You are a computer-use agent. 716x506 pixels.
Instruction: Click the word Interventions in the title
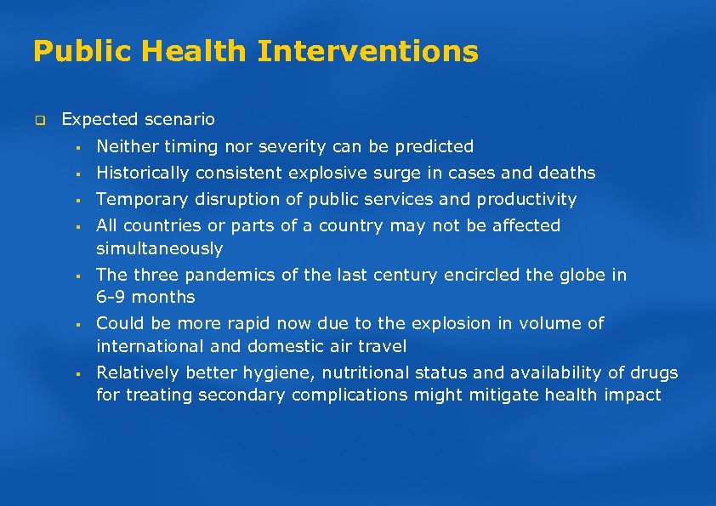(x=367, y=52)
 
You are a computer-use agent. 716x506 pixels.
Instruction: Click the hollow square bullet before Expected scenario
(x=39, y=120)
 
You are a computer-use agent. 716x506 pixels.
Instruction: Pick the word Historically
(x=143, y=173)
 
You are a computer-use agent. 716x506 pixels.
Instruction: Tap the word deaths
(x=566, y=173)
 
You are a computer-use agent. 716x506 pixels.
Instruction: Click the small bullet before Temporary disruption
(x=77, y=201)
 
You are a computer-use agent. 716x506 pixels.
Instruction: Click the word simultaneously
(x=159, y=248)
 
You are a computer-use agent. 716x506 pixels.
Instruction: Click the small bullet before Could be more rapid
(x=77, y=325)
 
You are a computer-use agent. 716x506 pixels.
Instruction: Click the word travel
(x=383, y=346)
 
